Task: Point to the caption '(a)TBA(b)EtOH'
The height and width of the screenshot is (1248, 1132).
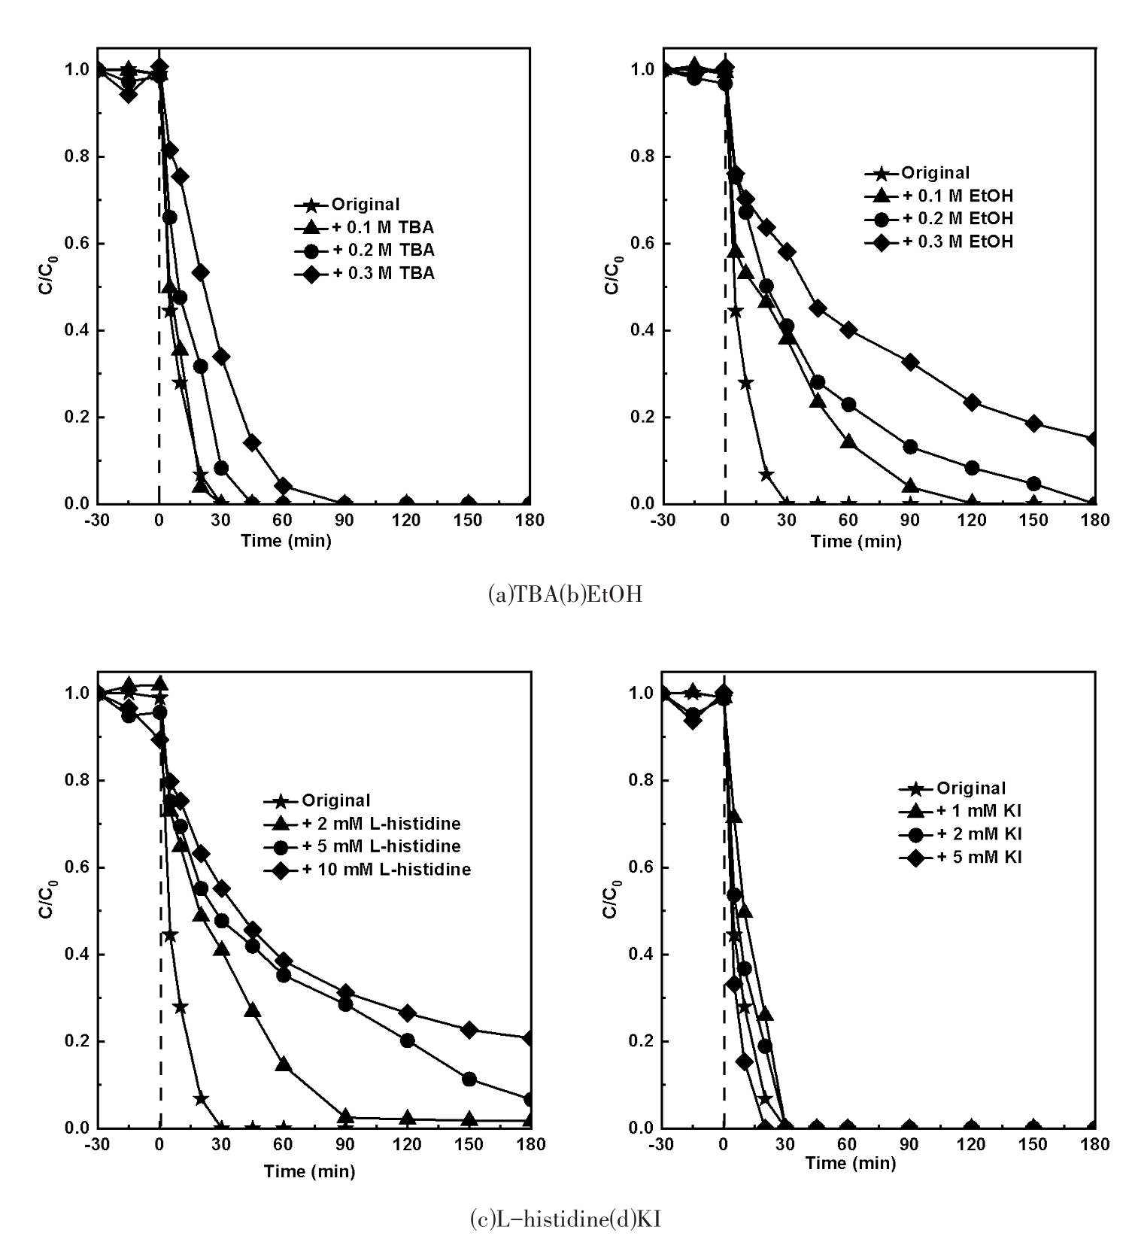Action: (565, 595)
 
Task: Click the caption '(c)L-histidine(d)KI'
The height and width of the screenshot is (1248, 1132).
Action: (565, 1219)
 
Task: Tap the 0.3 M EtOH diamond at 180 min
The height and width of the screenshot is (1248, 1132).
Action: (1094, 439)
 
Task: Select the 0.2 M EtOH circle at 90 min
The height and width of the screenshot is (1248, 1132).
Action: (910, 447)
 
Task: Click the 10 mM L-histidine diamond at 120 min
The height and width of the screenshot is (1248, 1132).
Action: (408, 1013)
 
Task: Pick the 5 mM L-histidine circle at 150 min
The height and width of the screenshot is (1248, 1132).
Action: (469, 1079)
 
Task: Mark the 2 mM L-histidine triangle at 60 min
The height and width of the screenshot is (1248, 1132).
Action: (284, 1064)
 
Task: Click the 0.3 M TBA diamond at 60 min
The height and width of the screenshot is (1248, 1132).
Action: (283, 486)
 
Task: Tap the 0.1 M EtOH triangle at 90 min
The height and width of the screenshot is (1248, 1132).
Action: (910, 486)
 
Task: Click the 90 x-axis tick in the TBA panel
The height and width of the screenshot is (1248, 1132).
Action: (345, 521)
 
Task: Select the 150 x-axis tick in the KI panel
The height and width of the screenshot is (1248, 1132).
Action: (1033, 1145)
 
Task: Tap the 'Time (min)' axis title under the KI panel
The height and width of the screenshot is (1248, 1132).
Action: (850, 1164)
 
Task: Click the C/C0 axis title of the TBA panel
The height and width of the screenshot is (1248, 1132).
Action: (47, 276)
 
